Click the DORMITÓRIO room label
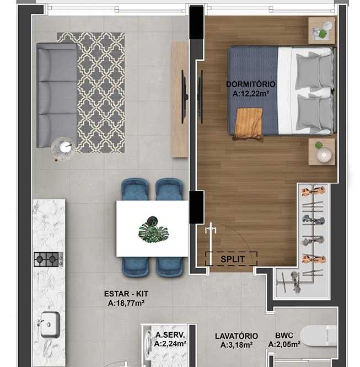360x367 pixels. click(x=251, y=84)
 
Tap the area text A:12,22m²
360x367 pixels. click(x=251, y=94)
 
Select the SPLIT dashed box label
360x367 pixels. click(x=233, y=259)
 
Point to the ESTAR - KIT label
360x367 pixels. click(x=126, y=294)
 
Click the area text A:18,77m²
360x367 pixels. click(x=126, y=303)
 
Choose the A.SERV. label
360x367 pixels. click(x=170, y=335)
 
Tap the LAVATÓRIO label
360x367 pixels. click(x=237, y=336)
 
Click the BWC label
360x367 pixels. click(x=284, y=336)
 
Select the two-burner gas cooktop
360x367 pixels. click(x=49, y=259)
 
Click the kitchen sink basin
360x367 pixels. click(x=50, y=325)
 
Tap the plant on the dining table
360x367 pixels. click(x=154, y=230)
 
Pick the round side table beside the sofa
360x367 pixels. click(x=63, y=149)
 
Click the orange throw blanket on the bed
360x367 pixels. click(x=249, y=124)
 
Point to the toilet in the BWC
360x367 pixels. click(x=319, y=336)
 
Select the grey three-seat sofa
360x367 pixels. click(x=57, y=95)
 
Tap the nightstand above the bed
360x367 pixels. click(x=321, y=30)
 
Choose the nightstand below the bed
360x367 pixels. click(x=321, y=152)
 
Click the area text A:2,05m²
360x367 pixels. click(x=284, y=344)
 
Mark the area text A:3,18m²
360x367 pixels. click(x=237, y=345)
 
